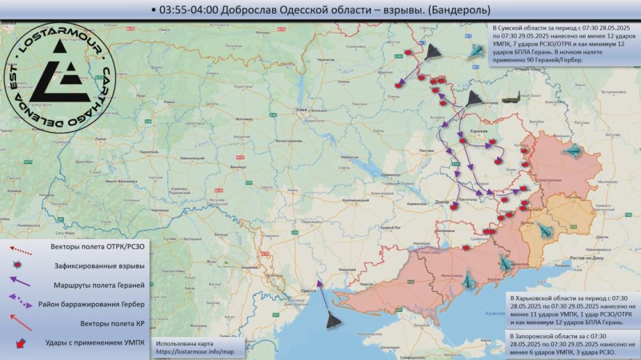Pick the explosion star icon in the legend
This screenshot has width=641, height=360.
[19, 265]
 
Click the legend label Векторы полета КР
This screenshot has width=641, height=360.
[106, 323]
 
